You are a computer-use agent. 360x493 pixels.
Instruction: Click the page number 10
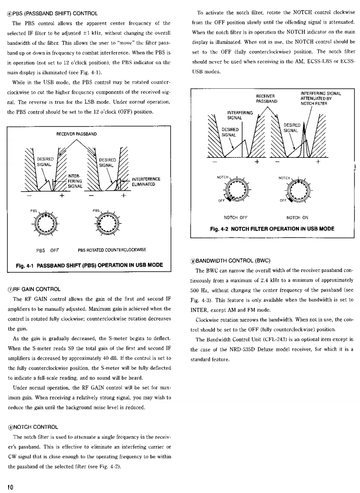[x=9, y=486]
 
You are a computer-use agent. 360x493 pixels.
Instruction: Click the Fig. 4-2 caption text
[x=273, y=229]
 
